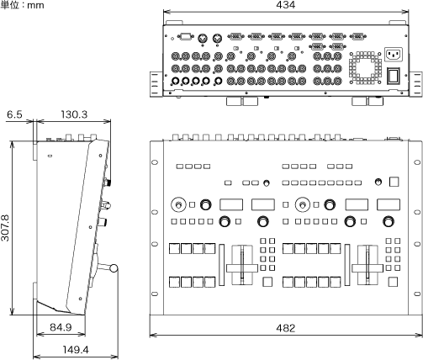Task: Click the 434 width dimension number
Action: (x=285, y=5)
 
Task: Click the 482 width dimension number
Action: (x=285, y=328)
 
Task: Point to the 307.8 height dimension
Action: (x=5, y=228)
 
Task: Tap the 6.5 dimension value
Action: (x=14, y=114)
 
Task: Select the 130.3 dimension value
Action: (x=74, y=114)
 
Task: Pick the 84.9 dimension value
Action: (x=61, y=327)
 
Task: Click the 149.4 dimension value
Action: (x=76, y=350)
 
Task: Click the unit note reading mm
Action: (x=35, y=5)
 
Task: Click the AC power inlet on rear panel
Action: (x=394, y=55)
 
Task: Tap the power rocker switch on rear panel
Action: (x=394, y=76)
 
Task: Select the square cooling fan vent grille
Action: (x=365, y=67)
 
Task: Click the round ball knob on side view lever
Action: (x=114, y=268)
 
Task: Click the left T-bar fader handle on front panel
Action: (x=242, y=268)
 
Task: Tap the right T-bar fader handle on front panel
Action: (x=367, y=268)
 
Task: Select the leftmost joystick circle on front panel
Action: (x=178, y=205)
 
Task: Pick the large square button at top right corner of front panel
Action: (x=394, y=182)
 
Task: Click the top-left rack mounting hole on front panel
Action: (x=155, y=162)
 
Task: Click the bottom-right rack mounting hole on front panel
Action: (x=417, y=294)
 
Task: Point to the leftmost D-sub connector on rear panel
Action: (x=186, y=37)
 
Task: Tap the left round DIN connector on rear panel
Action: (x=203, y=38)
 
